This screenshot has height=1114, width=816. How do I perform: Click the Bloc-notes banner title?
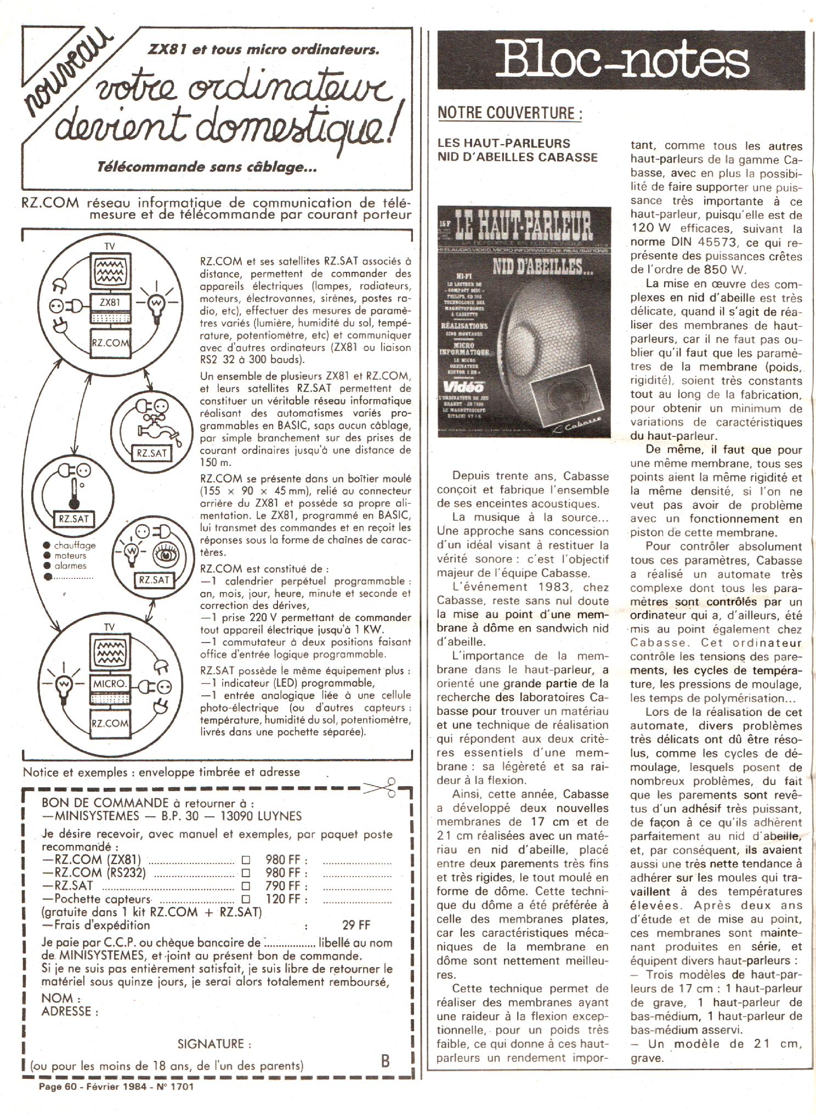pyautogui.click(x=621, y=60)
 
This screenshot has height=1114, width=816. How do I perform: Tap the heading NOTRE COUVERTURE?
pyautogui.click(x=509, y=113)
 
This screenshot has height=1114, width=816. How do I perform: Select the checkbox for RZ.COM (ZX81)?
pyautogui.click(x=246, y=860)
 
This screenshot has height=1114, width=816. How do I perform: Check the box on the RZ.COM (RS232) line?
pyautogui.click(x=246, y=873)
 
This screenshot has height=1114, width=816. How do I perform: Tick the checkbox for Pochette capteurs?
pyautogui.click(x=246, y=899)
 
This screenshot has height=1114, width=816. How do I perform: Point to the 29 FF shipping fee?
pyautogui.click(x=356, y=925)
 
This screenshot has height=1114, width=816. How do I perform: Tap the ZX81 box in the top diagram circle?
pyautogui.click(x=110, y=303)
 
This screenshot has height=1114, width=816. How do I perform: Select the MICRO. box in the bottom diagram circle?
pyautogui.click(x=110, y=684)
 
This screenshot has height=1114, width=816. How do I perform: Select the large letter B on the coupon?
pyautogui.click(x=385, y=1061)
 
